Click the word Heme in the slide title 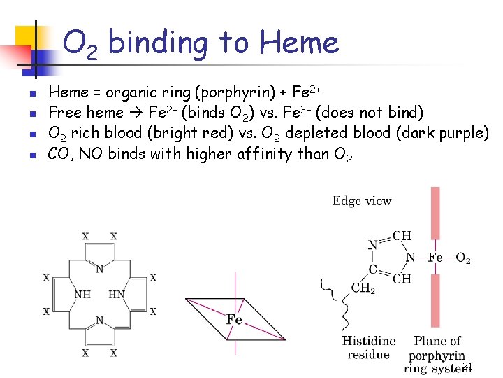pyautogui.click(x=299, y=43)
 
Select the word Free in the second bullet pyautogui.click(x=64, y=113)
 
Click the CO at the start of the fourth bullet pyautogui.click(x=57, y=153)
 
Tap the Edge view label pyautogui.click(x=362, y=202)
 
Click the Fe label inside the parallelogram pyautogui.click(x=234, y=320)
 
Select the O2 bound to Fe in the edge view pyautogui.click(x=463, y=258)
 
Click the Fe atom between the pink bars pyautogui.click(x=435, y=258)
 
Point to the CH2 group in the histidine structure pyautogui.click(x=363, y=288)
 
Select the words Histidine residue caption pyautogui.click(x=368, y=348)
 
